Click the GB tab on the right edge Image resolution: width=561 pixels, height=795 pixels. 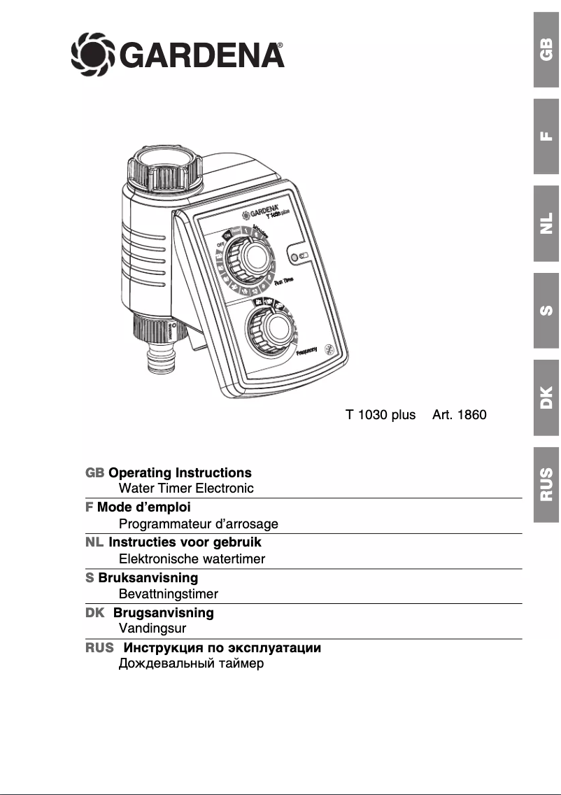(546, 50)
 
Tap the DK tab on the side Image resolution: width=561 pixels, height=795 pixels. (546, 397)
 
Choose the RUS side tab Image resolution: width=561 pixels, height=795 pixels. (546, 484)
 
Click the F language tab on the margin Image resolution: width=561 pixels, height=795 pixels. (546, 136)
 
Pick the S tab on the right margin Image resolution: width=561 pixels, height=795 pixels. (546, 310)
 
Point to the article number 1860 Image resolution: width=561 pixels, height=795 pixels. (459, 414)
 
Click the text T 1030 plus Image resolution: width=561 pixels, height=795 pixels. (381, 414)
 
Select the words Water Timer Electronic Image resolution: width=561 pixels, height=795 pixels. (186, 488)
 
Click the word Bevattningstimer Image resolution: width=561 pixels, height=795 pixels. (169, 593)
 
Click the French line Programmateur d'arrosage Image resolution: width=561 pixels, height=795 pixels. (199, 523)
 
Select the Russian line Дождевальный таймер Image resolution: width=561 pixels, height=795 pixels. (191, 663)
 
